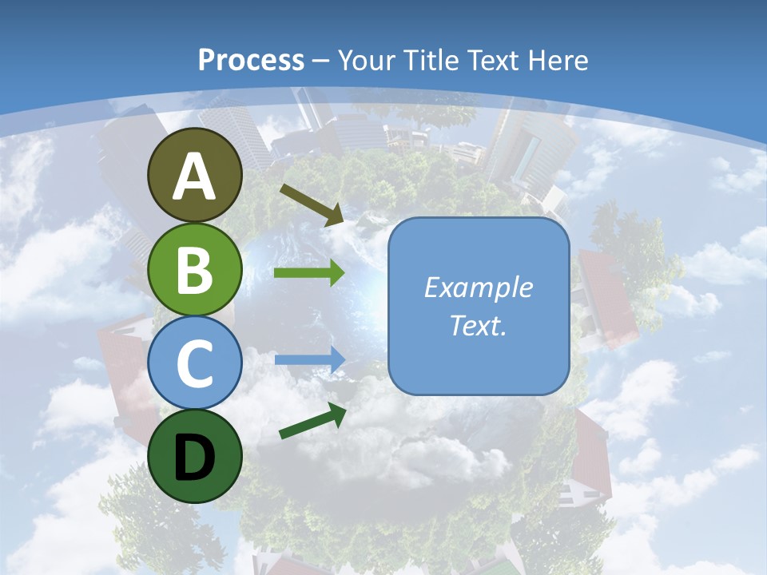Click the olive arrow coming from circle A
[x=312, y=203]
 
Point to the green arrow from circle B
[x=309, y=273]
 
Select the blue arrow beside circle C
[x=309, y=359]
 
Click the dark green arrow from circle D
[x=312, y=421]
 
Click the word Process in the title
[x=251, y=60]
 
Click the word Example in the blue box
[x=478, y=287]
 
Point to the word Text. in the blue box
[x=478, y=325]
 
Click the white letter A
[x=195, y=176]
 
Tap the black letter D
[x=195, y=457]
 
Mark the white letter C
[x=195, y=363]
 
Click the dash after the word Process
[x=321, y=61]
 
